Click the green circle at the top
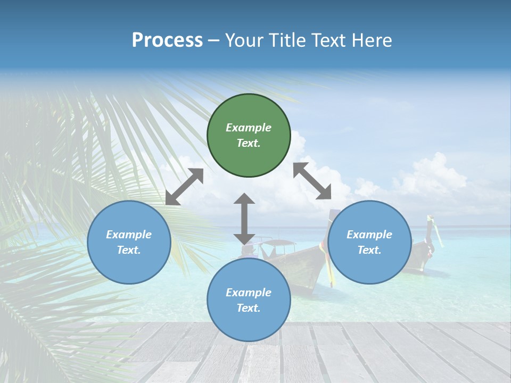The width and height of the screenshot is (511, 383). [249, 135]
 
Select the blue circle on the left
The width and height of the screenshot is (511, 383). [129, 242]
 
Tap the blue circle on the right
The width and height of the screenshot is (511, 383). [369, 242]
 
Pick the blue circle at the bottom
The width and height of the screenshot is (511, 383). [249, 300]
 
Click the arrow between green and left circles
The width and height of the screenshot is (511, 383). [184, 187]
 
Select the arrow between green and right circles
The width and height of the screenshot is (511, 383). [312, 181]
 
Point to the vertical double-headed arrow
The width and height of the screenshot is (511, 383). [244, 218]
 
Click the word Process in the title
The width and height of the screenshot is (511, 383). [167, 40]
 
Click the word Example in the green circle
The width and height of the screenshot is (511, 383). [249, 128]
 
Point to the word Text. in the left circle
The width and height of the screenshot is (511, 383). [129, 250]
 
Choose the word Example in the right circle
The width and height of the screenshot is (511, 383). [369, 235]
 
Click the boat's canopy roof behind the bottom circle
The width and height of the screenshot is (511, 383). [278, 243]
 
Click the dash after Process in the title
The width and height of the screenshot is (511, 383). [214, 41]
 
